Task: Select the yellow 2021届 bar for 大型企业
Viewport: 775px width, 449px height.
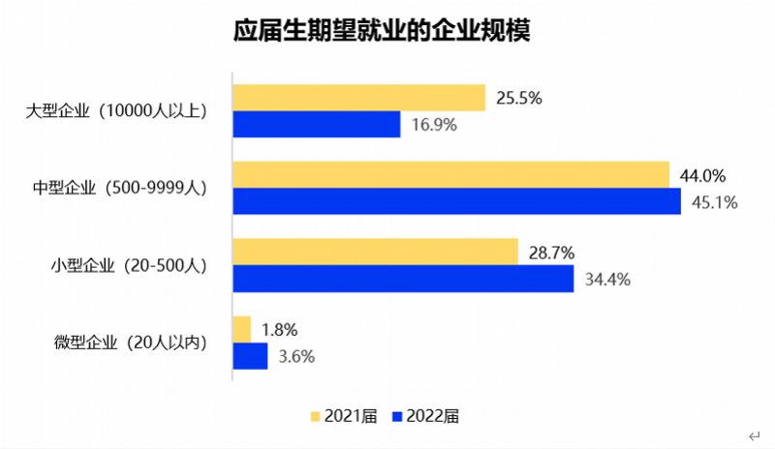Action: (x=358, y=98)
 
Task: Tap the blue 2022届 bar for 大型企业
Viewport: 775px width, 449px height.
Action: (x=317, y=125)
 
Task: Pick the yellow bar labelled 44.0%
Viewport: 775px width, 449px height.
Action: (x=450, y=175)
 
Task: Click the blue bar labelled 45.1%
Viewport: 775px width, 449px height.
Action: (x=456, y=201)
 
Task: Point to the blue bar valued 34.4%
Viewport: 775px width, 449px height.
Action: (x=403, y=279)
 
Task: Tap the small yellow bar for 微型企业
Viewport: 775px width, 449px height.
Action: (x=241, y=329)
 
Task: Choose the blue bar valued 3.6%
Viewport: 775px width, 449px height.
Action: (x=250, y=356)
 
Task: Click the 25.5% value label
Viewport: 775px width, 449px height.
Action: (x=518, y=98)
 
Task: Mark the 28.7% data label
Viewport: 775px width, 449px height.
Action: (x=551, y=253)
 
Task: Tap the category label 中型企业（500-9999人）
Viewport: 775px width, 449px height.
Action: (x=120, y=189)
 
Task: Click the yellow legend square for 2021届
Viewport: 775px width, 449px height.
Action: (x=317, y=416)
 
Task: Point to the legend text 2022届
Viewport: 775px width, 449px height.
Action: (x=433, y=416)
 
